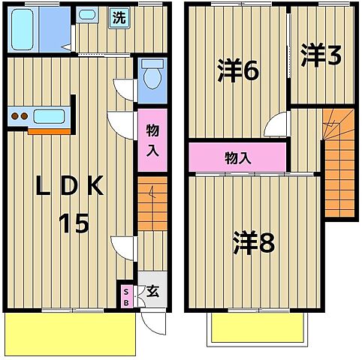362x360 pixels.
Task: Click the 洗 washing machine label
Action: [119, 18]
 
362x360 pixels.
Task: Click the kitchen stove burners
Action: [20, 116]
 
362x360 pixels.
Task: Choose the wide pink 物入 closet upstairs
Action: [237, 157]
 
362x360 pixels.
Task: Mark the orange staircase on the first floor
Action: [152, 203]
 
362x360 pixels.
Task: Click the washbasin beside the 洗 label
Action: [87, 14]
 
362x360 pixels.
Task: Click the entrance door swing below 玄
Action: [155, 322]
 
